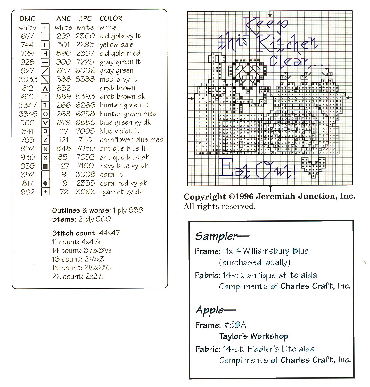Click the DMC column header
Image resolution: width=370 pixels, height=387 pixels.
coord(27,19)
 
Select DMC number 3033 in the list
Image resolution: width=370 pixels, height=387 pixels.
coord(28,79)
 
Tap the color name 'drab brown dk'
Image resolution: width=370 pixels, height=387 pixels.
coord(122,97)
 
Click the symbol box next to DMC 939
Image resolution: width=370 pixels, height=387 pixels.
coord(45,166)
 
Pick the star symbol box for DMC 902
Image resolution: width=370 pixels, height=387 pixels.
coord(45,192)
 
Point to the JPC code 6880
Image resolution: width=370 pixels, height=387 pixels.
coord(85,122)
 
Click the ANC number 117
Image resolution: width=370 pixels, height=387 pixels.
coord(63,131)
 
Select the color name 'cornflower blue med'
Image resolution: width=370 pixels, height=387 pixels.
coord(131,140)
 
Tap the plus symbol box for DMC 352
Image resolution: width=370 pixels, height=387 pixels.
coord(45,175)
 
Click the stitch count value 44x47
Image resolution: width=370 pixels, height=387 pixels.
coord(109,233)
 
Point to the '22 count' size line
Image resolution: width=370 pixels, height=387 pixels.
coord(78,277)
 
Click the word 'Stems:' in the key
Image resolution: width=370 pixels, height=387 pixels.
coord(64,219)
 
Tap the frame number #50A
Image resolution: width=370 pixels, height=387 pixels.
coord(235,325)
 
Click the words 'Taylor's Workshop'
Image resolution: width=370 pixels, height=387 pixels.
coord(254,336)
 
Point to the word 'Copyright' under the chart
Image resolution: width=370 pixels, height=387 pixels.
coord(204,197)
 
